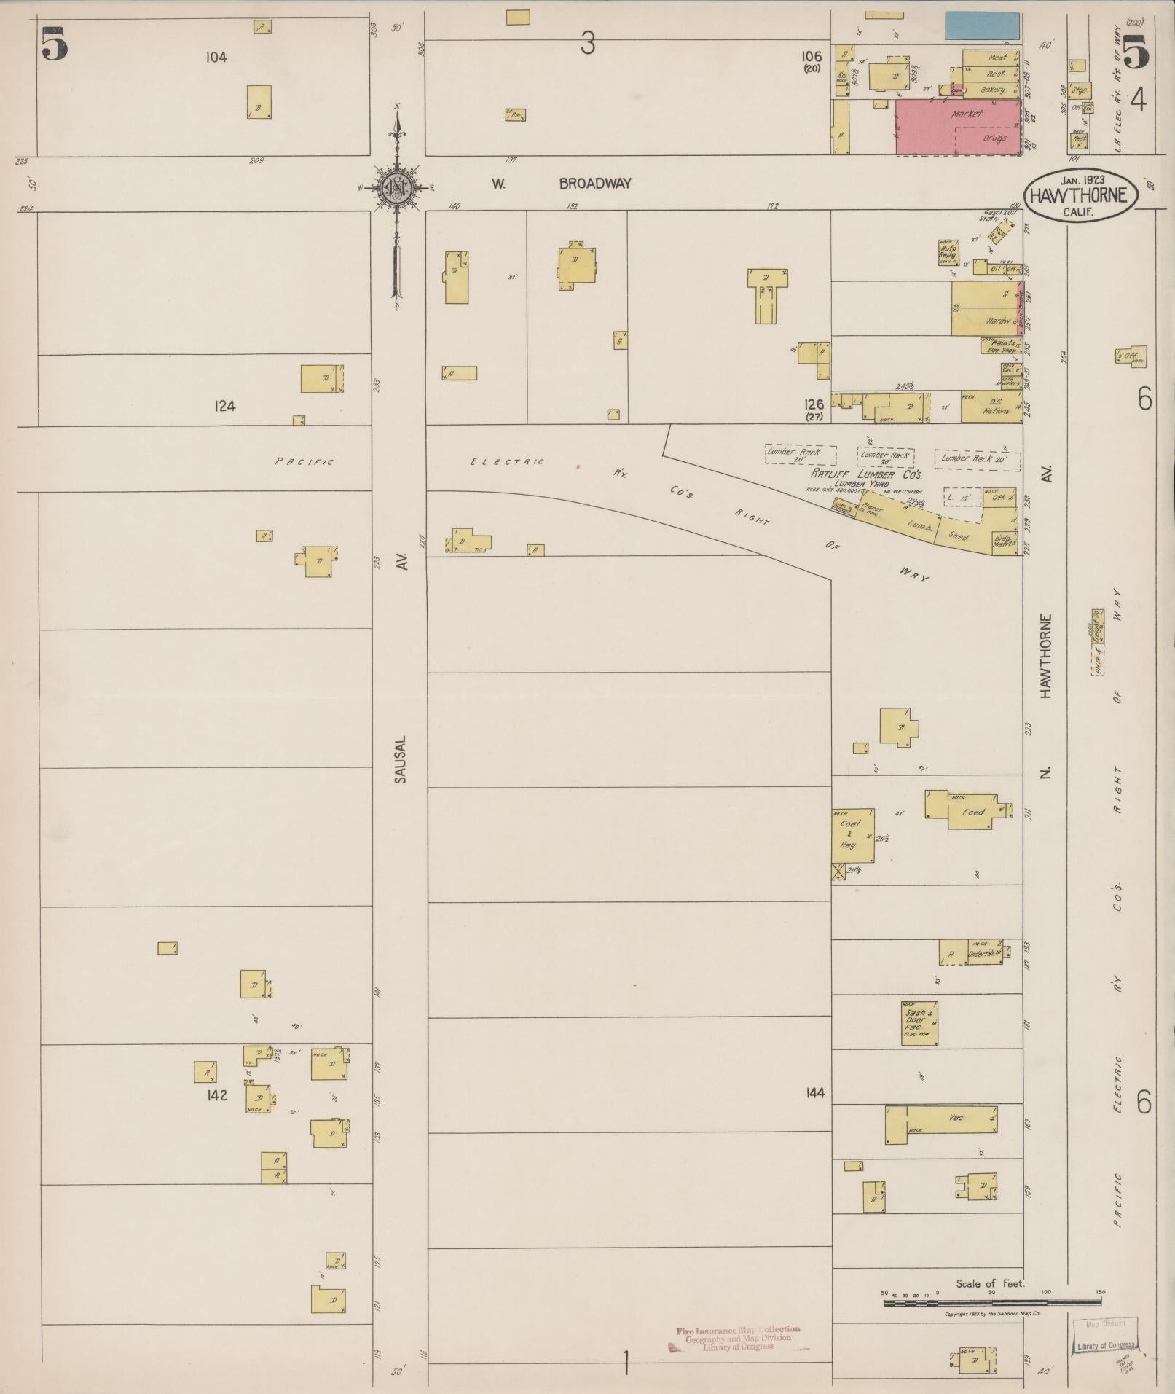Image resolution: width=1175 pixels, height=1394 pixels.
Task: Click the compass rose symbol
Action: click(397, 187)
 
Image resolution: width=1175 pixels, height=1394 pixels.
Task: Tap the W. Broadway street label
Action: click(559, 184)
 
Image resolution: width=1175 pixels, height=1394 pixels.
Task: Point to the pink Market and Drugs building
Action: click(956, 127)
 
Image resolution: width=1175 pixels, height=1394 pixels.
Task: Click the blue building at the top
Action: click(982, 26)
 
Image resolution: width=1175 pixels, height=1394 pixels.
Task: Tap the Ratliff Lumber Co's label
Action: click(867, 474)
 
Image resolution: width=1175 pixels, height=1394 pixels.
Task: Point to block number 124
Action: click(225, 406)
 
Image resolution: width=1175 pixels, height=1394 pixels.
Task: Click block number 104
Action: click(216, 57)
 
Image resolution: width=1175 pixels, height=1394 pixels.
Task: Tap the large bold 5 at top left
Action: click(55, 44)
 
